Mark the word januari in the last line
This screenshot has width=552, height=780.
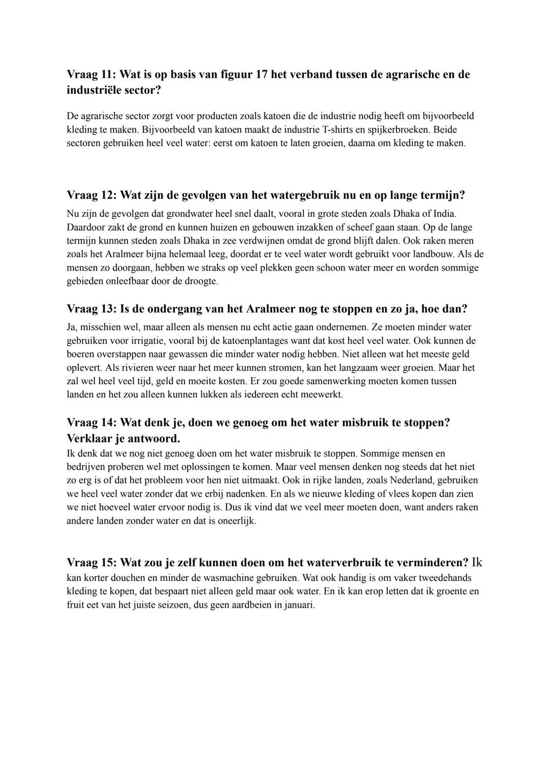298,605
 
